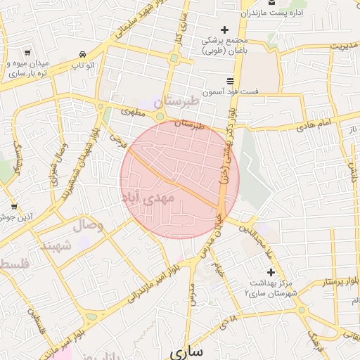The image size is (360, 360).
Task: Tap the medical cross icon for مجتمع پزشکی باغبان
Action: [x=224, y=30]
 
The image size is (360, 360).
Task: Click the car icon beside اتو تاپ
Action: [x=83, y=54]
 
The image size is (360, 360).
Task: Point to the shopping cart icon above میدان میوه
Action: [x=27, y=53]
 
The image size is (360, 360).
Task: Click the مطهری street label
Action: [x=133, y=110]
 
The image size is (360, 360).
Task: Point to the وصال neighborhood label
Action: [x=87, y=226]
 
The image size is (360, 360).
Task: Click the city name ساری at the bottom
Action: [x=186, y=350]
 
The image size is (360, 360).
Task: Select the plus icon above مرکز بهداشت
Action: [x=271, y=272]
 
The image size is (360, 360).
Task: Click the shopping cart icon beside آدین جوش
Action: [x=14, y=207]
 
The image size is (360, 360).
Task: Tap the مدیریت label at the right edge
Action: [x=345, y=46]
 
